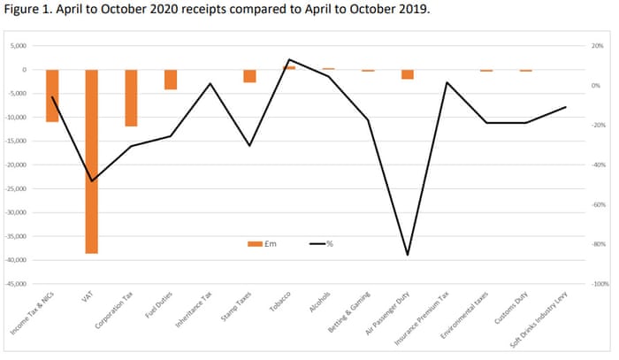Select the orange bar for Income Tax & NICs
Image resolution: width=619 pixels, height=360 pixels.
(52, 96)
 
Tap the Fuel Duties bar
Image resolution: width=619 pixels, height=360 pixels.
(171, 80)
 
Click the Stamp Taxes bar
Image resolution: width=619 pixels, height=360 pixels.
(249, 76)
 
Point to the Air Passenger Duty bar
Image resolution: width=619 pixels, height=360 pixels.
(408, 74)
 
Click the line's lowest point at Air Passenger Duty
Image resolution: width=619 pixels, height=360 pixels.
(408, 255)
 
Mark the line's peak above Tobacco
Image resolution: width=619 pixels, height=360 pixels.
(289, 60)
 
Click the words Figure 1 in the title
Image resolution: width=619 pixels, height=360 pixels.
(28, 12)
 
